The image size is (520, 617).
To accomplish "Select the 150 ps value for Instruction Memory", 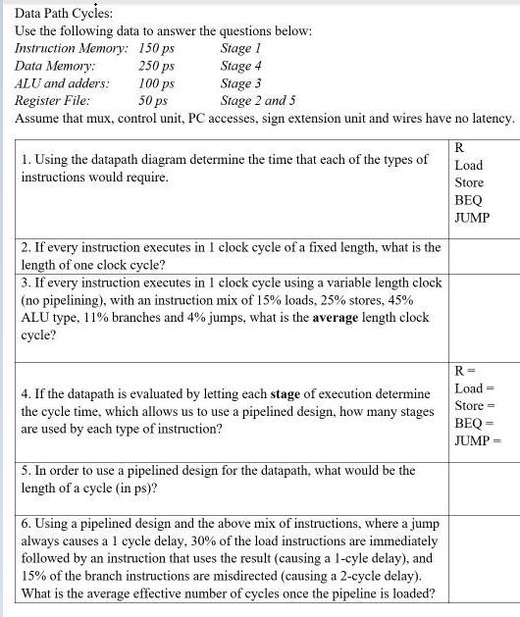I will (x=157, y=48).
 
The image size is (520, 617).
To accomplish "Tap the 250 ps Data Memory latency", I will (x=157, y=66).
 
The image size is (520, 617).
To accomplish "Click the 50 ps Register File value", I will (x=153, y=100).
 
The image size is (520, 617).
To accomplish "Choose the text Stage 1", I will (x=241, y=48).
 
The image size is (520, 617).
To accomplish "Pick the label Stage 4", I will (x=241, y=66).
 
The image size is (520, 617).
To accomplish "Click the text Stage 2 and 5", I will (x=258, y=100).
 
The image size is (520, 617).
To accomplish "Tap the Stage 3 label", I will (x=241, y=83).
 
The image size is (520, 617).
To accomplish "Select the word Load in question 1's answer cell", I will (x=469, y=165).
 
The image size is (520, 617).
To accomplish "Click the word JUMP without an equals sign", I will (x=472, y=217).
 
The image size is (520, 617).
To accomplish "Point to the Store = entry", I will (x=474, y=405).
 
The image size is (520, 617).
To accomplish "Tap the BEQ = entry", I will (x=475, y=423).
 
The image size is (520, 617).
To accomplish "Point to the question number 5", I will (x=25, y=471).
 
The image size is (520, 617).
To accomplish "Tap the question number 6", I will (x=25, y=523).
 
